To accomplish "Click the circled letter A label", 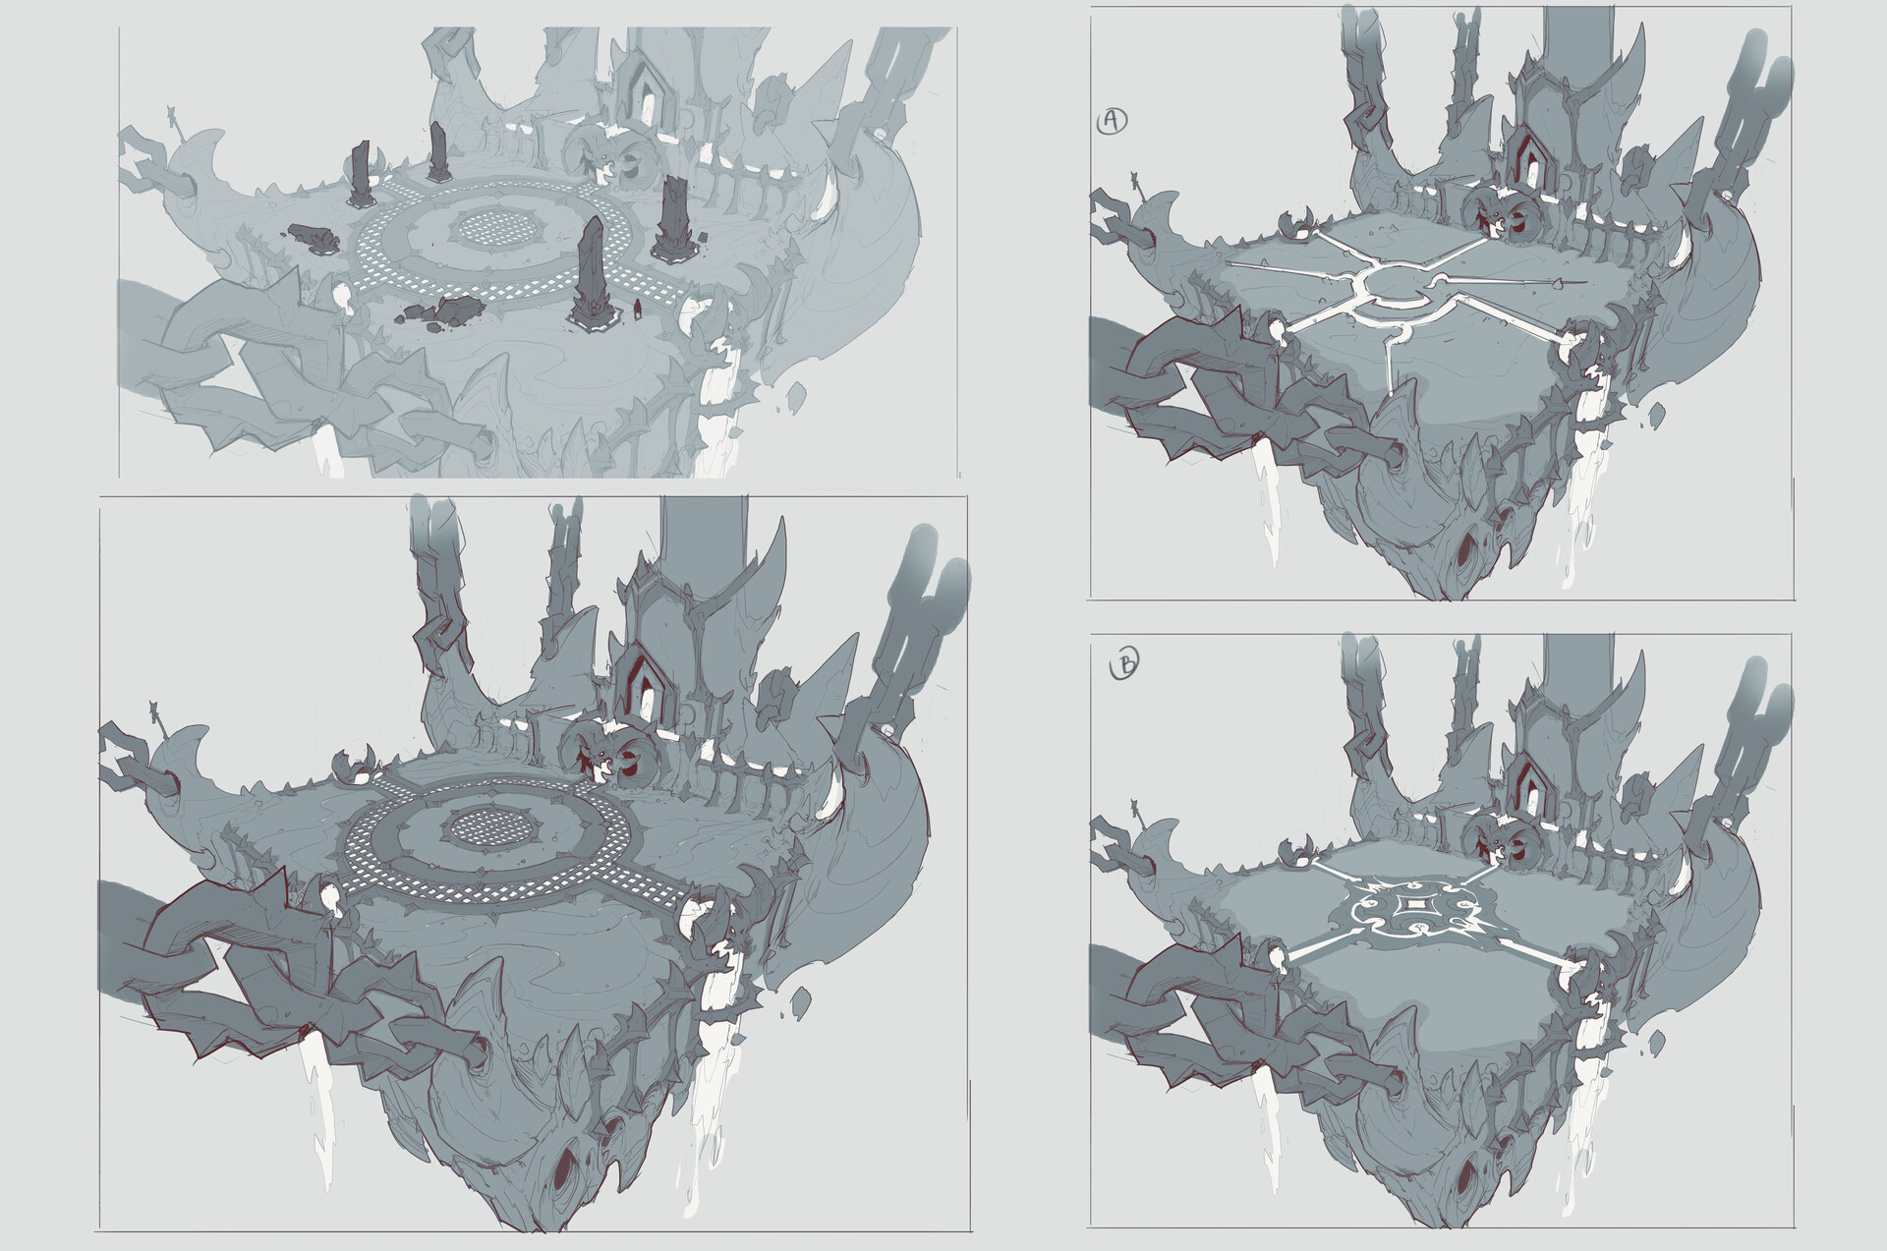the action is tap(1111, 120).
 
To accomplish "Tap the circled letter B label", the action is tap(1123, 664).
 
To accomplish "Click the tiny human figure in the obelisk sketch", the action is tap(637, 311).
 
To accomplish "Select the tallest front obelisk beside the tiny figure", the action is tap(593, 270).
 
